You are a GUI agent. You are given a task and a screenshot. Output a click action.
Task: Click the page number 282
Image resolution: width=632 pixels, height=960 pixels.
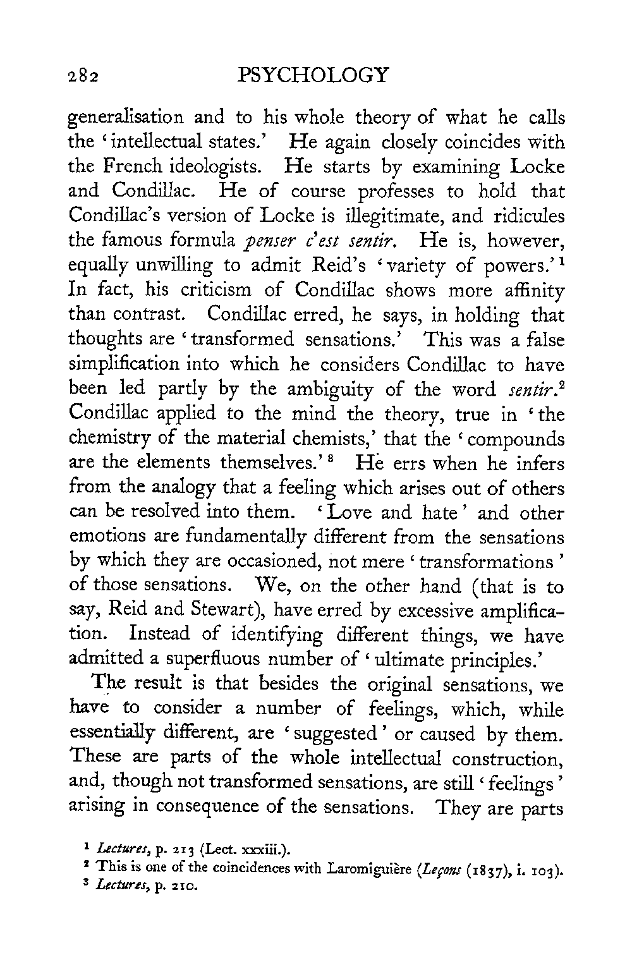pos(85,77)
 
